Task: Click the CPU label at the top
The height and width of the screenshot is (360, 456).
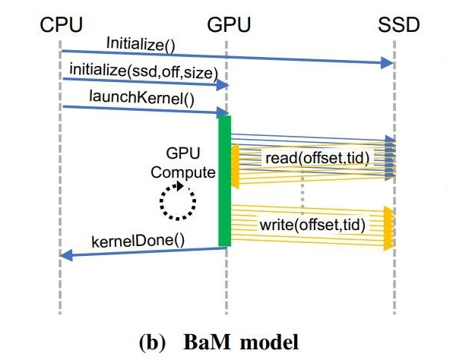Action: click(60, 26)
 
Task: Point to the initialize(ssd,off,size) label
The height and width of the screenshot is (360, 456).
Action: click(142, 71)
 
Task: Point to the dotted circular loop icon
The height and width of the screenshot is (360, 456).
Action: click(177, 201)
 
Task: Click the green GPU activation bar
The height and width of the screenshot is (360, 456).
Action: click(224, 182)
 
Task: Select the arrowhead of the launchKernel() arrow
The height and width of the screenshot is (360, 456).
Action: click(223, 113)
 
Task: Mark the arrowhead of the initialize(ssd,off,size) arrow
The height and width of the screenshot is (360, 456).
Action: click(223, 86)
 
